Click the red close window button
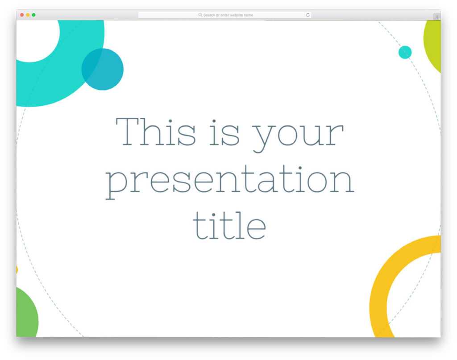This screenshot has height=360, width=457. point(22,15)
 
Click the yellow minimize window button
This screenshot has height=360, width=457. point(28,15)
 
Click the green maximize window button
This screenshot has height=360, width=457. point(33,15)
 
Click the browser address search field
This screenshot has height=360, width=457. point(224,15)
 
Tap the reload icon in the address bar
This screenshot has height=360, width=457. point(307,15)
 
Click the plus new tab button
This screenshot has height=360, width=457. point(437,17)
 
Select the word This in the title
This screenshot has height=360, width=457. point(156,132)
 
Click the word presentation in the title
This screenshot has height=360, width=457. point(229,180)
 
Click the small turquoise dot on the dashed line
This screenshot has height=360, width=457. point(405,52)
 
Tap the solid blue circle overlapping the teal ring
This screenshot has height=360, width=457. point(103,69)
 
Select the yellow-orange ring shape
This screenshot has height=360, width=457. point(379,286)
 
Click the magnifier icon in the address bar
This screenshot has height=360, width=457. point(200,15)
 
